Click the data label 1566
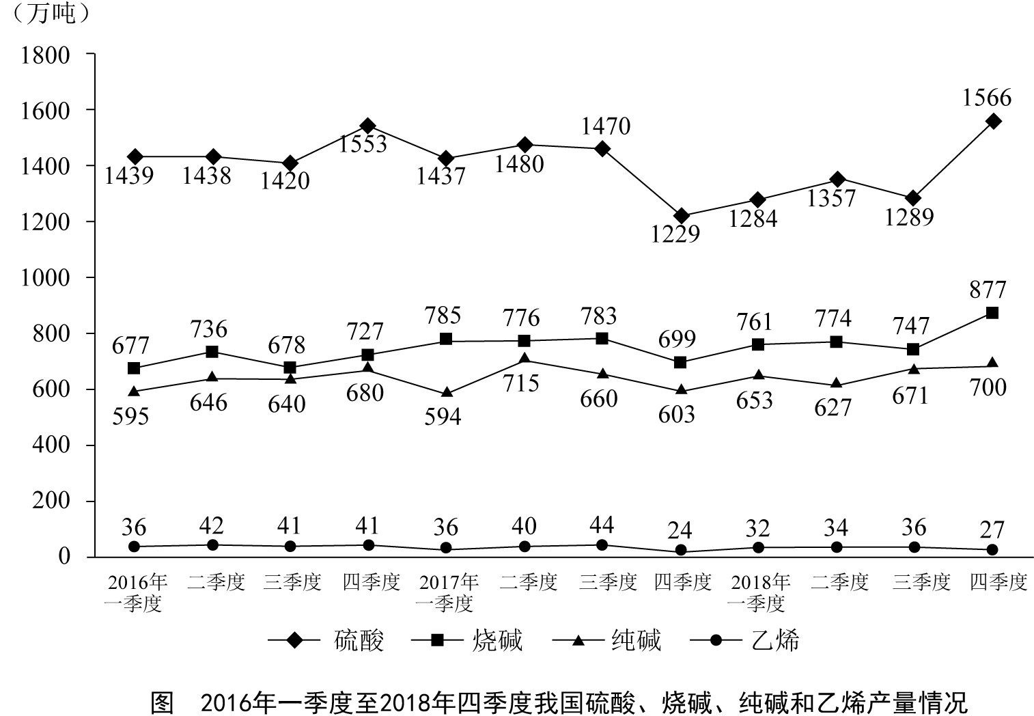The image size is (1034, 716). click(x=986, y=98)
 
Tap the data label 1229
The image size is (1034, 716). click(x=676, y=234)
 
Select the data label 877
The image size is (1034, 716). click(x=988, y=290)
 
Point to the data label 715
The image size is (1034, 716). click(x=521, y=383)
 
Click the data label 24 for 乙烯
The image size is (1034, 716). click(x=680, y=530)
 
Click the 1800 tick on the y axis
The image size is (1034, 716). click(x=45, y=55)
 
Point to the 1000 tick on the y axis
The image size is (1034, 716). click(x=45, y=277)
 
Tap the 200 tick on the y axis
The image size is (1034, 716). click(x=52, y=500)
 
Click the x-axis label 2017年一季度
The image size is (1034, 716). click(x=448, y=592)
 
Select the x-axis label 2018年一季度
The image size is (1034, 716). click(x=759, y=592)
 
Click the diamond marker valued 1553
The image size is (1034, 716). click(x=368, y=126)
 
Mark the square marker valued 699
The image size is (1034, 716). click(x=680, y=362)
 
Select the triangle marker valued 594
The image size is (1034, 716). click(x=447, y=393)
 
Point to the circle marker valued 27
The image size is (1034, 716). click(x=992, y=549)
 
